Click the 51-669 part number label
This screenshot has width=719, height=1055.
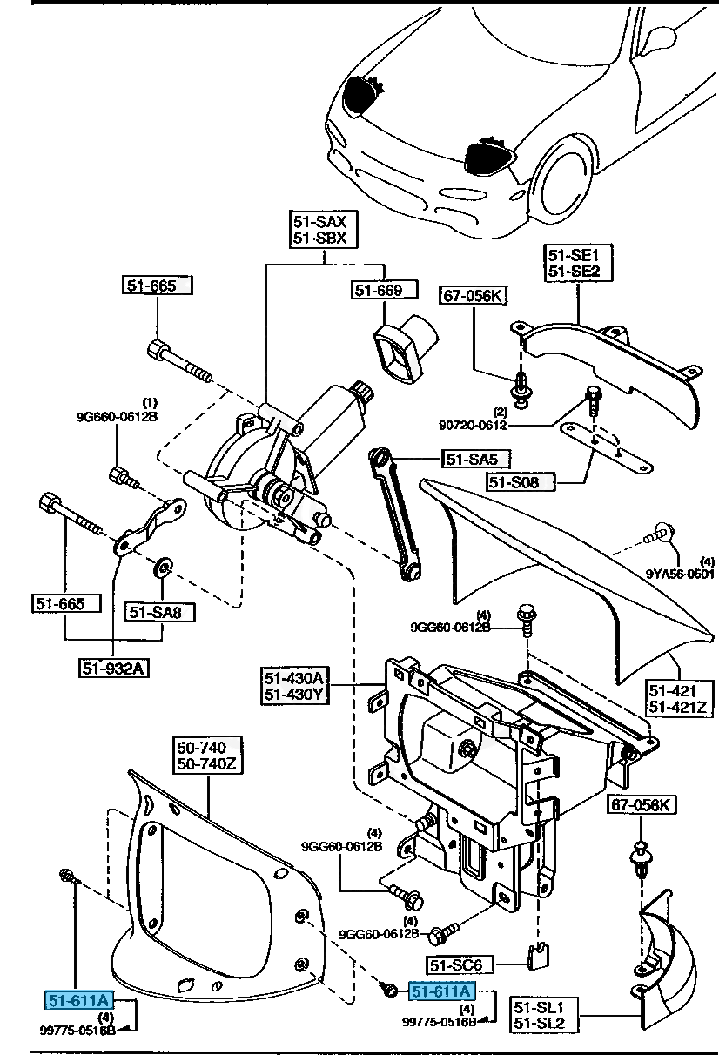(378, 291)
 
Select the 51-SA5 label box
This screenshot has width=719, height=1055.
(475, 459)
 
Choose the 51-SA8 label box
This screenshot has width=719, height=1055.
(159, 612)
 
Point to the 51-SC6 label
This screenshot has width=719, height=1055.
(460, 964)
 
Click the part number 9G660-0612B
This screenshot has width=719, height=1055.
(117, 416)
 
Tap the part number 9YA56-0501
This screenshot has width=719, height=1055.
(680, 574)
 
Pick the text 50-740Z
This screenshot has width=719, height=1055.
(209, 765)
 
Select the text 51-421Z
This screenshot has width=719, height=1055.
(676, 706)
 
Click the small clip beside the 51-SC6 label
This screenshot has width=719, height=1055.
(539, 954)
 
